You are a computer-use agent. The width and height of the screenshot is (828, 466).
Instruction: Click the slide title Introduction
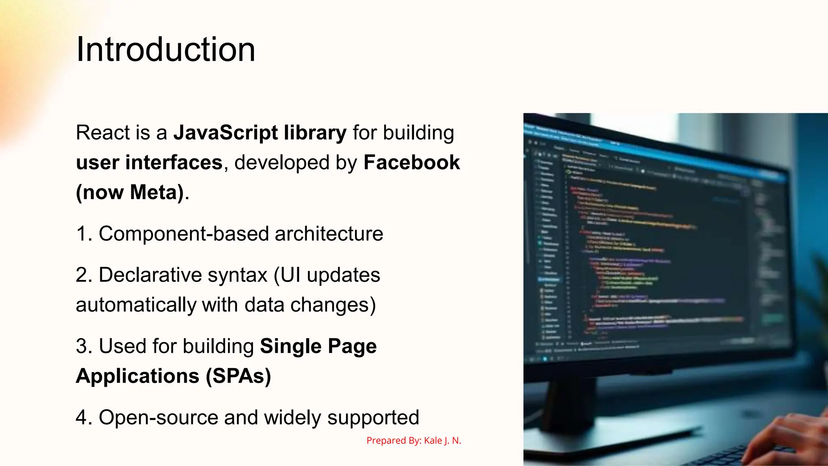click(x=165, y=49)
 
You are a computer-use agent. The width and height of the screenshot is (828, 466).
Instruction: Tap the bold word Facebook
click(x=412, y=163)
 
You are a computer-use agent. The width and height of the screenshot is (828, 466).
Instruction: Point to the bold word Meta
click(x=154, y=192)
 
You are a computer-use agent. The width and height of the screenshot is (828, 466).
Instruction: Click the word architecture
click(x=329, y=234)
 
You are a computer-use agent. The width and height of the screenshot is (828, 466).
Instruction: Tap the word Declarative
click(x=150, y=275)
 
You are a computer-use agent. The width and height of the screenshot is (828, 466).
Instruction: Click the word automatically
click(x=135, y=305)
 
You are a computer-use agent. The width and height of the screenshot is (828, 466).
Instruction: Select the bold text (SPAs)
click(x=238, y=376)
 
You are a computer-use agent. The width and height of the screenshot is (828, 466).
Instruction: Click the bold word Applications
click(x=137, y=376)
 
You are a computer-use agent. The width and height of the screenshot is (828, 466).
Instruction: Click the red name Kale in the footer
click(x=433, y=441)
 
